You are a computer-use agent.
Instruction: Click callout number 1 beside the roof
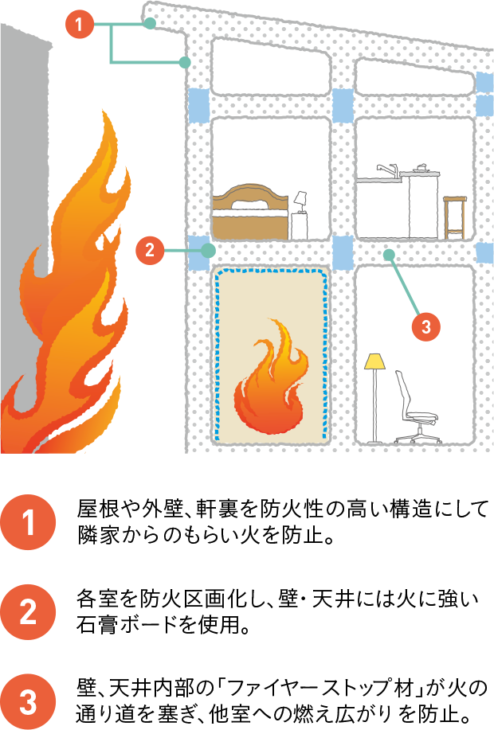tap(80, 24)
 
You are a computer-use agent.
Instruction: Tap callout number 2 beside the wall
tap(150, 251)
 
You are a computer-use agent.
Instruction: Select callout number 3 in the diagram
tap(426, 326)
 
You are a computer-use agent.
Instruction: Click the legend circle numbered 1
tap(28, 522)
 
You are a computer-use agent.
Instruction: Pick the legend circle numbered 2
tap(28, 611)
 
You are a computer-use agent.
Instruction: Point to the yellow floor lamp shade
tap(374, 361)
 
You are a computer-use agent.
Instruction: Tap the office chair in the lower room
tap(416, 407)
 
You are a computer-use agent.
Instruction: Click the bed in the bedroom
tap(251, 212)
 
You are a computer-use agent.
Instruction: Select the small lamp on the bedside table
tap(300, 201)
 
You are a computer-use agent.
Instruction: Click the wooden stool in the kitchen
tap(454, 217)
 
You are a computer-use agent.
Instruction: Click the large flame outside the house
tap(70, 298)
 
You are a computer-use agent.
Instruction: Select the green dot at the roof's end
tap(150, 23)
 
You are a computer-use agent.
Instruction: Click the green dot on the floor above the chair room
tap(389, 255)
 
